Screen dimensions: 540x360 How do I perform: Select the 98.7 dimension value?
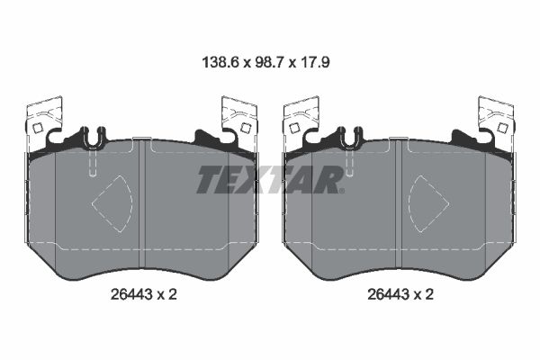[x=270, y=63]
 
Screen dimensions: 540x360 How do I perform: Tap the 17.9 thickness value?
[x=315, y=63]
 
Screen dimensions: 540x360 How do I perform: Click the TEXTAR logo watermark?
[x=270, y=179]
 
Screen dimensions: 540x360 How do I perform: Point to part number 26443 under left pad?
[x=131, y=294]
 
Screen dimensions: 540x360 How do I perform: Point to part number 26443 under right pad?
[x=388, y=294]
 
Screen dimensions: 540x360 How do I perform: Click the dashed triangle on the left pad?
[x=112, y=203]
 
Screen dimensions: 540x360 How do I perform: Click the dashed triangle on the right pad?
[x=428, y=203]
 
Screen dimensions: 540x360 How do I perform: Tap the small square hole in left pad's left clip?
[x=37, y=129]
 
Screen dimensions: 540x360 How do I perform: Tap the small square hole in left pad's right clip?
[x=245, y=128]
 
